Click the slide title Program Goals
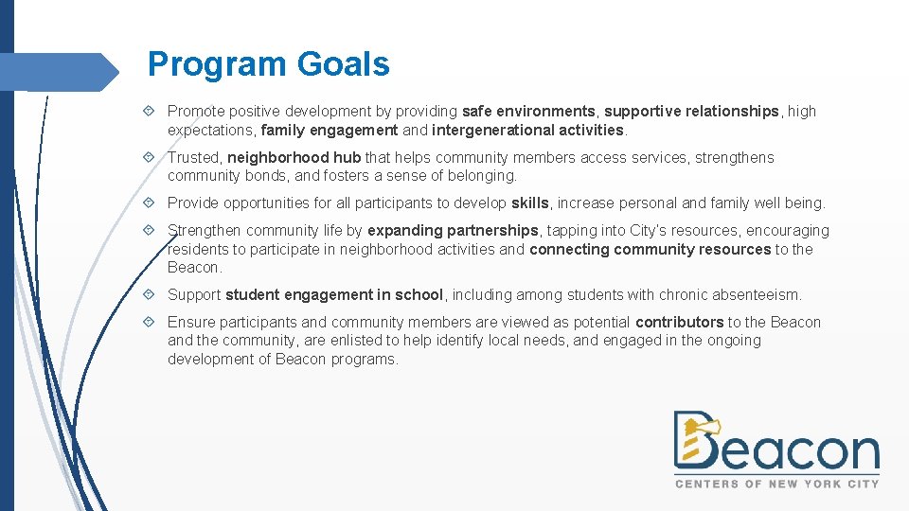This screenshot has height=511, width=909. point(269,64)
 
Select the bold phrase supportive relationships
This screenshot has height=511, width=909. point(691,112)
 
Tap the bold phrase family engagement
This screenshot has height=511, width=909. point(330,130)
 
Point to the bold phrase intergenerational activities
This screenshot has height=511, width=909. point(527,130)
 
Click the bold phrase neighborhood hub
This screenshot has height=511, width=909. point(294,158)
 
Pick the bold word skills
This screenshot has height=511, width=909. point(529,203)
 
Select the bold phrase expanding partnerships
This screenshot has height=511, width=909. point(453,231)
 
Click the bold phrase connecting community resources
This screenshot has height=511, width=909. point(650,250)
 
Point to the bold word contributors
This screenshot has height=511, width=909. point(680,323)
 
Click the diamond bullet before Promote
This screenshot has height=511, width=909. point(153,112)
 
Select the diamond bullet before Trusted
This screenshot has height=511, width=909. point(153,158)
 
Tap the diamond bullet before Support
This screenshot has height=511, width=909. point(153,295)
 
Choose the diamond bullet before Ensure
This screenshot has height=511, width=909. point(153,323)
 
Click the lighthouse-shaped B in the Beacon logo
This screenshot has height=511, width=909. point(695,441)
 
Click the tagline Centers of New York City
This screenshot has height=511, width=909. point(776,484)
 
